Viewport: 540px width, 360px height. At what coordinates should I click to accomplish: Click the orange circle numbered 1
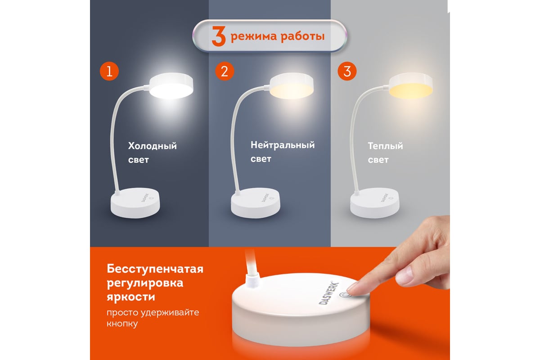(109, 71)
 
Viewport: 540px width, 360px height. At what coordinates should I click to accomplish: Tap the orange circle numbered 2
(225, 71)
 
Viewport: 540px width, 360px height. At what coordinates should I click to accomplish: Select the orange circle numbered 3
(347, 71)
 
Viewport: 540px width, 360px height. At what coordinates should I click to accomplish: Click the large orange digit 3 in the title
(218, 36)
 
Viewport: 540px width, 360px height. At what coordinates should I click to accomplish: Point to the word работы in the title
(302, 36)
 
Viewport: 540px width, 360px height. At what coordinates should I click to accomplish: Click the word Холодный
(153, 146)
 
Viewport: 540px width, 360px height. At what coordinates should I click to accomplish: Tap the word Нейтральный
(283, 145)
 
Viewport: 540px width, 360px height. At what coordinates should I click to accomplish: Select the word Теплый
(385, 146)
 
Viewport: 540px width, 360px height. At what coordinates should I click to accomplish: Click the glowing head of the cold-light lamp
(171, 85)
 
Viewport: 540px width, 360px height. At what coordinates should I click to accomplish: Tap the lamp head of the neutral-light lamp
(291, 85)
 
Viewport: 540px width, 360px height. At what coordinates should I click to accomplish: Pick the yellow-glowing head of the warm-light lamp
(410, 85)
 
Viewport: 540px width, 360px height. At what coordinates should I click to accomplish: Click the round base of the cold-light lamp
(135, 203)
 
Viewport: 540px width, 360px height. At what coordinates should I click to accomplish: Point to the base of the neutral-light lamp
(255, 203)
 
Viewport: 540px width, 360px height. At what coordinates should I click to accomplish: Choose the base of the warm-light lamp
(374, 203)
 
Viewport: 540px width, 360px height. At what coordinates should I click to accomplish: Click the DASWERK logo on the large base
(328, 293)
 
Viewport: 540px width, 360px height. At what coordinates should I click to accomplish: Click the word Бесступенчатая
(155, 269)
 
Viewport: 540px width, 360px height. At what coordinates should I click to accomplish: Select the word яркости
(131, 297)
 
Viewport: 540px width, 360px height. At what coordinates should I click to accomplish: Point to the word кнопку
(122, 324)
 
